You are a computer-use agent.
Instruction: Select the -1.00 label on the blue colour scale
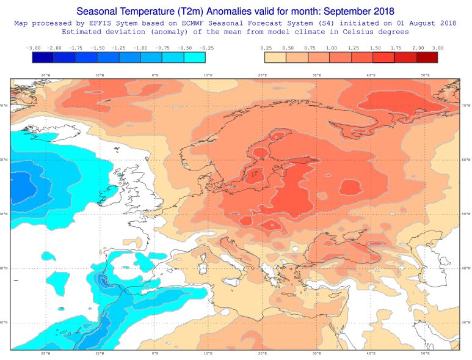pos(140,47)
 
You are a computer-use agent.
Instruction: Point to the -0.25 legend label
pos(206,47)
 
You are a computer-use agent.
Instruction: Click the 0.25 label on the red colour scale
pos(266,47)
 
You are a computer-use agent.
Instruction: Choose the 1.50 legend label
pos(373,47)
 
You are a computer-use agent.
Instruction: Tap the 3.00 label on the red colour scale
pos(438,47)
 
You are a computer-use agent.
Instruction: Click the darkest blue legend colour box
pos(43,57)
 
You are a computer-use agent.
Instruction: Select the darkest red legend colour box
pos(427,57)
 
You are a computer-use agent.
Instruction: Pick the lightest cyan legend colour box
pos(195,57)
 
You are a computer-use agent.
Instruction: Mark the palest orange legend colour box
pos(276,57)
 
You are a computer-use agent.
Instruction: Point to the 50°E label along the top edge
pos(425,75)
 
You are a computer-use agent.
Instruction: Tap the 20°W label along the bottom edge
pos(45,353)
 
